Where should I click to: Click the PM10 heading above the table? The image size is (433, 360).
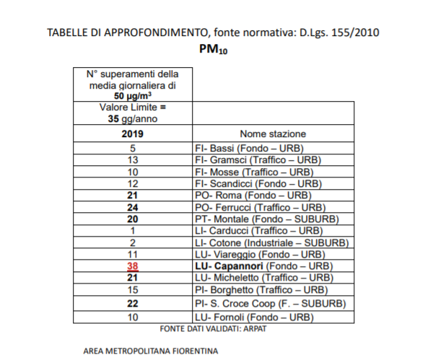click(214, 51)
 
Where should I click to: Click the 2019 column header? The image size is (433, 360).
click(133, 134)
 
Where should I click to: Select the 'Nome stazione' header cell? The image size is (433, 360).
click(273, 134)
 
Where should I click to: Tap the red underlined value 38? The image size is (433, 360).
click(133, 265)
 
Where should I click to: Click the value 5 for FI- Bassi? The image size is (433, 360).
click(133, 148)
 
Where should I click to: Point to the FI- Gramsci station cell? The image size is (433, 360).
click(258, 159)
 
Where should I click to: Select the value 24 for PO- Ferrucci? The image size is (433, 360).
click(133, 207)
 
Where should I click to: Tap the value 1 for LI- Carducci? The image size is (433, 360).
click(133, 230)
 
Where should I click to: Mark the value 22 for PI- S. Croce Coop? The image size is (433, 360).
click(133, 303)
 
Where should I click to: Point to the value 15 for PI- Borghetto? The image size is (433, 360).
click(133, 289)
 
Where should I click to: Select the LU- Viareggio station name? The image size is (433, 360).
click(253, 254)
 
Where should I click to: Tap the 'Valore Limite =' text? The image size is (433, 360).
click(133, 107)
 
